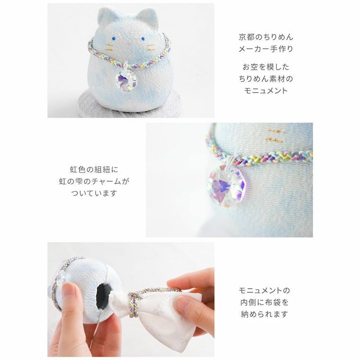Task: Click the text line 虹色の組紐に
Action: click(93, 169)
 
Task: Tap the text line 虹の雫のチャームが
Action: click(93, 181)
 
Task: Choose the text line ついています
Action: click(93, 193)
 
